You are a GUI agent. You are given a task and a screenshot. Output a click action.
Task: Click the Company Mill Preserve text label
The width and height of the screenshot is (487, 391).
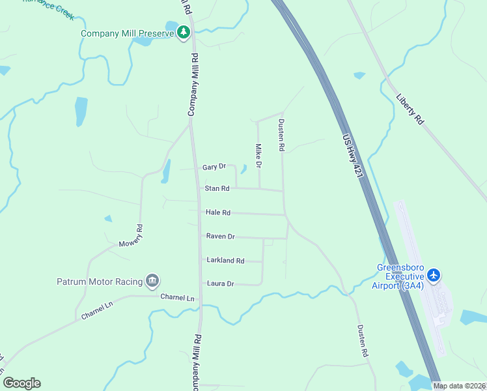128,33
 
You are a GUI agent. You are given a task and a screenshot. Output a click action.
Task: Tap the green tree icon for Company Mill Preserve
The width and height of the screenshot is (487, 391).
184,32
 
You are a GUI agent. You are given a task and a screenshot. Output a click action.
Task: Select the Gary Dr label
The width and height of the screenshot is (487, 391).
214,167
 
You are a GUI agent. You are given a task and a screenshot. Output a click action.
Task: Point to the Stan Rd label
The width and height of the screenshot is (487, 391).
217,188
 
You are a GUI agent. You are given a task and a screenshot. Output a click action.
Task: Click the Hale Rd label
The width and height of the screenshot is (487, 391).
218,212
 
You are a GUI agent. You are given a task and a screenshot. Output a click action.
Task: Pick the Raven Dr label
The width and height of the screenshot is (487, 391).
220,236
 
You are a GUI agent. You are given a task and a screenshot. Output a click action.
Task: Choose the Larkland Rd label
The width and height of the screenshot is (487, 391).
225,260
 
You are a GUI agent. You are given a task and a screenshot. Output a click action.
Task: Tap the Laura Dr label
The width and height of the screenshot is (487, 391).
220,283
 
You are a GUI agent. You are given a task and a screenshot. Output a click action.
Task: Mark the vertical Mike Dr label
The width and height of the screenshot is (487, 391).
258,156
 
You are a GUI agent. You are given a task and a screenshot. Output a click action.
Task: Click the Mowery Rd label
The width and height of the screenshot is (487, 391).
130,236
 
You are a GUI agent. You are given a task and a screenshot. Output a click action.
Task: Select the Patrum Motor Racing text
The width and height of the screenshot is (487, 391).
100,282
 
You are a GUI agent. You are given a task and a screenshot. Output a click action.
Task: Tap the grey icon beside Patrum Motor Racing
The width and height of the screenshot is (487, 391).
152,281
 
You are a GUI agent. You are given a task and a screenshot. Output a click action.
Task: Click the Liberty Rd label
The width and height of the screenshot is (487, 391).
410,109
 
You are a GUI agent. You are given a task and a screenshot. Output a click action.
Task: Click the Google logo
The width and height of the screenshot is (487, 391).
21,383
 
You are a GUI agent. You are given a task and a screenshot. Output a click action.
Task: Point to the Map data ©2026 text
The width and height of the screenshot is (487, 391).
460,386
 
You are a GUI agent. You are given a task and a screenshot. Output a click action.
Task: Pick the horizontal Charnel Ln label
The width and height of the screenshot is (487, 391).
178,298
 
